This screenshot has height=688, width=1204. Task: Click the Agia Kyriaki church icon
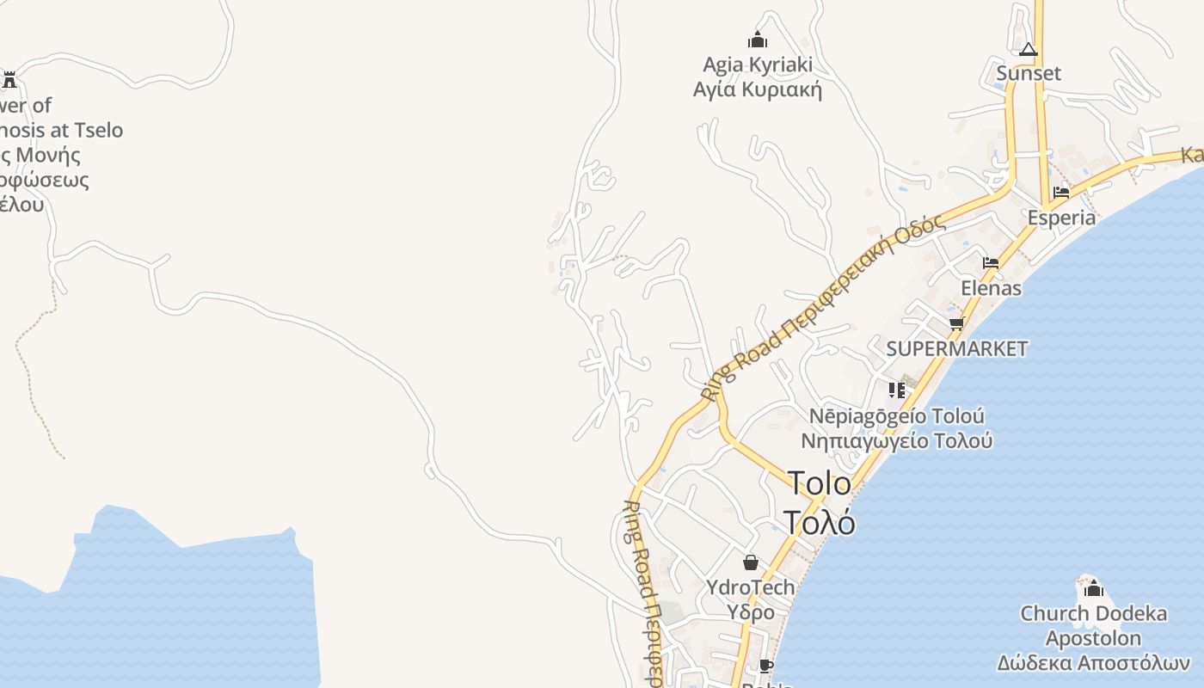pyautogui.click(x=757, y=40)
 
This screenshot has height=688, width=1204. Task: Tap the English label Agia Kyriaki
pyautogui.click(x=757, y=65)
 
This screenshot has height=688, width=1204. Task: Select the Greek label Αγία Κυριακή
pyautogui.click(x=757, y=89)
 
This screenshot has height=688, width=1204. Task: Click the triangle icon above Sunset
pyautogui.click(x=1029, y=50)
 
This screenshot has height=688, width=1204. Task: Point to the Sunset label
pyautogui.click(x=1029, y=73)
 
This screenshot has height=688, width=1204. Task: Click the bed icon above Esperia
pyautogui.click(x=1061, y=193)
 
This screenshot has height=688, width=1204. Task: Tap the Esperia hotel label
pyautogui.click(x=1061, y=218)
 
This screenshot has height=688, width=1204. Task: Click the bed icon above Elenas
pyautogui.click(x=991, y=263)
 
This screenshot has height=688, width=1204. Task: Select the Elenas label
pyautogui.click(x=991, y=287)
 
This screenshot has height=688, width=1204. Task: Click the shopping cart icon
pyautogui.click(x=956, y=324)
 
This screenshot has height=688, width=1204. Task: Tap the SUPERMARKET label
pyautogui.click(x=956, y=348)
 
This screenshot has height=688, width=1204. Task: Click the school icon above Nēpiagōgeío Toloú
pyautogui.click(x=897, y=390)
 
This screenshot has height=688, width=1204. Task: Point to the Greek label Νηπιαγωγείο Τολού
pyautogui.click(x=897, y=441)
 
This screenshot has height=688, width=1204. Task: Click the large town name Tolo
pyautogui.click(x=820, y=483)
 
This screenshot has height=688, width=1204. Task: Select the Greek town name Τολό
pyautogui.click(x=820, y=521)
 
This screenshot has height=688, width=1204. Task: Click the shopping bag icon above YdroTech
pyautogui.click(x=751, y=562)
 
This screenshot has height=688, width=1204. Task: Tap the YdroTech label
pyautogui.click(x=751, y=587)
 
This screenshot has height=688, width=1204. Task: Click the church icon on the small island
pyautogui.click(x=1094, y=589)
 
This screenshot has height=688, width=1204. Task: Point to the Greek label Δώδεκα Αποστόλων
pyautogui.click(x=1093, y=663)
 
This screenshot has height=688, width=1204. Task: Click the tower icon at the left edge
pyautogui.click(x=9, y=80)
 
